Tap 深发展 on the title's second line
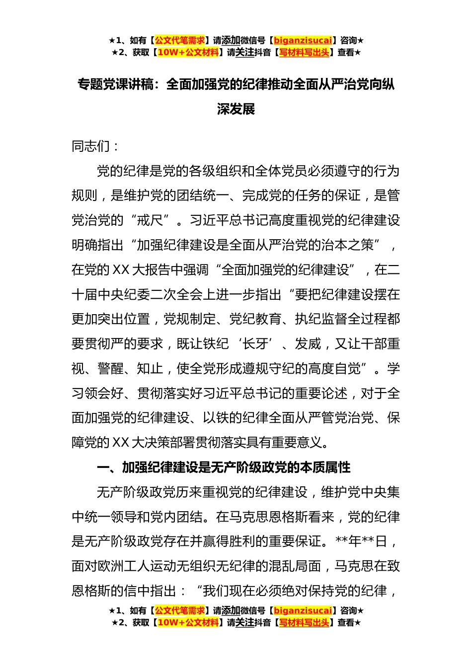(236, 109)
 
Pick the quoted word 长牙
(255, 344)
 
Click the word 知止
(150, 369)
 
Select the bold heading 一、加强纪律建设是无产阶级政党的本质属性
(224, 467)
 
